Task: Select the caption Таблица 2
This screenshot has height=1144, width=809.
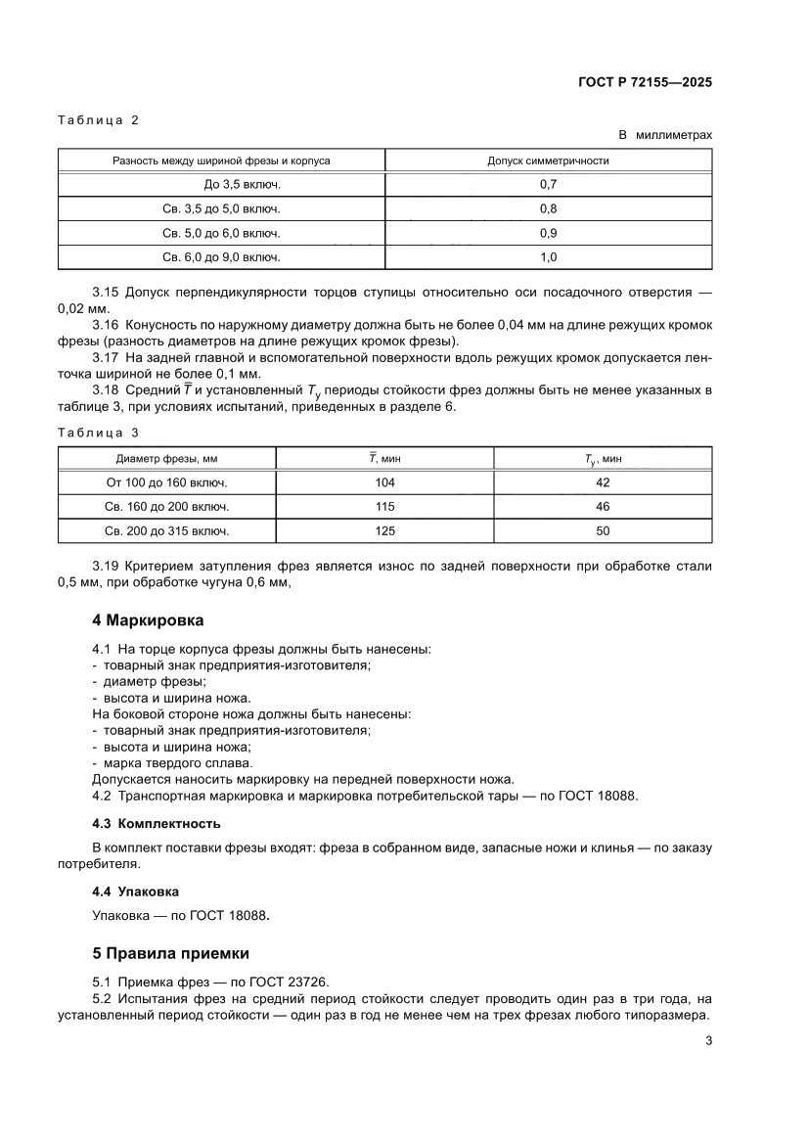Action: click(98, 120)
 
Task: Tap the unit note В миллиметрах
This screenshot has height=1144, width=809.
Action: click(664, 135)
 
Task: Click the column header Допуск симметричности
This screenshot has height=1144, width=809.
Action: click(548, 160)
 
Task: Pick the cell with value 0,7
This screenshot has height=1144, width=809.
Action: click(548, 184)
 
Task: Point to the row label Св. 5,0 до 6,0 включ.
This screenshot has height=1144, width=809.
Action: click(221, 233)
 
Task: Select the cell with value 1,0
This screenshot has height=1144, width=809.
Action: click(548, 257)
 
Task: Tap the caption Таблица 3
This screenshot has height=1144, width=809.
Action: click(98, 432)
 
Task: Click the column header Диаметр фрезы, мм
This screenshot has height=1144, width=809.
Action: click(167, 458)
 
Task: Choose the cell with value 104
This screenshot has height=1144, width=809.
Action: click(384, 482)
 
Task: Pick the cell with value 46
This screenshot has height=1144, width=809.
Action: click(603, 507)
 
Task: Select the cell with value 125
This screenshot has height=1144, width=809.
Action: click(384, 531)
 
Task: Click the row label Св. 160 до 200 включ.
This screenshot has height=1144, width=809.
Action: click(167, 507)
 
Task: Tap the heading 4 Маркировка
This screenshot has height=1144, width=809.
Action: click(148, 620)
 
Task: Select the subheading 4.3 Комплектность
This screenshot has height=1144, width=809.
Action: click(156, 822)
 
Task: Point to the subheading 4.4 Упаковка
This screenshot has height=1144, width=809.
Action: click(135, 892)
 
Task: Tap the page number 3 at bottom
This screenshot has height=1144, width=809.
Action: click(707, 1040)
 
